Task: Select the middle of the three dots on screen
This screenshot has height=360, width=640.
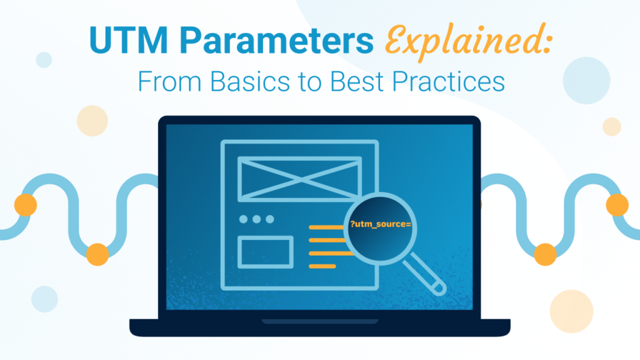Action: point(257,219)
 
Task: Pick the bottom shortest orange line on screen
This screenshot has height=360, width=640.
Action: point(322,266)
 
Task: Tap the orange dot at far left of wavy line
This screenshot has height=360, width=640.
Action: point(26,204)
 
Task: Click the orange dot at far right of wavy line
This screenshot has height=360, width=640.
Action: point(617,204)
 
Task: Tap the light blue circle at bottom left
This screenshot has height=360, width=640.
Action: point(44,299)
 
